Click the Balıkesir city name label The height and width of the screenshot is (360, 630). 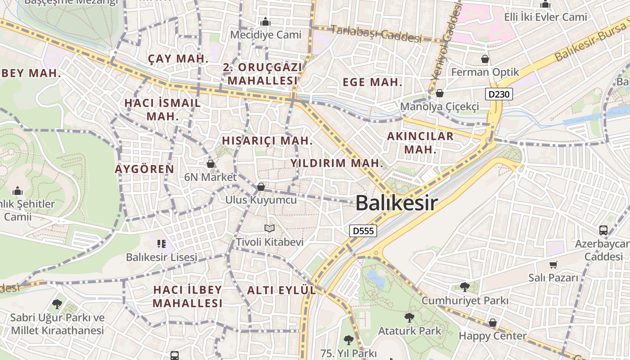coord(396,203)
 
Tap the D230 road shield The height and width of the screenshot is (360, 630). coord(499,94)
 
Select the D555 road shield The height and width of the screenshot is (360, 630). coord(363,231)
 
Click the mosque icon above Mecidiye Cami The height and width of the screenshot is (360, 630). coord(265,22)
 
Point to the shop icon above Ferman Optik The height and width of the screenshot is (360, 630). coord(485,59)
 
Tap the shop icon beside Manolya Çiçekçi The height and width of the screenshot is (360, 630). coord(440,93)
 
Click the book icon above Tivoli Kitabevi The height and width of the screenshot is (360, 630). coord(270,229)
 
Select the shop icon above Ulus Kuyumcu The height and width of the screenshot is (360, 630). coord(261,186)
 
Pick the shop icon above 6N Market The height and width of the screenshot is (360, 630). coord(210,164)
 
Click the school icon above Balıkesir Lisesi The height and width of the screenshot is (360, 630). coord(162,244)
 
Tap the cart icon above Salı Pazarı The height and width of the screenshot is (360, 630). coord(553,265)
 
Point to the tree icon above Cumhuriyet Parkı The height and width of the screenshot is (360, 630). coord(465,287)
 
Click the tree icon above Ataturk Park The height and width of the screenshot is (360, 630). coord(409,318)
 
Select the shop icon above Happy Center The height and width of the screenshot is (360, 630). coord(493,323)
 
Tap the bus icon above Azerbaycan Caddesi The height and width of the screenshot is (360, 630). coord(603,230)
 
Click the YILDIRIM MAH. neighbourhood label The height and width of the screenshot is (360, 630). coord(337,163)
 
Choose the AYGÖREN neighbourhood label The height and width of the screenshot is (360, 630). coord(144,169)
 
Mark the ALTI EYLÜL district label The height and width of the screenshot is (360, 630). coord(281,290)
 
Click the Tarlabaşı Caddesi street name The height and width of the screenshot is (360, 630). coord(376,34)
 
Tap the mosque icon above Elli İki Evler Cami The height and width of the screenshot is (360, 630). coord(545,4)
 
